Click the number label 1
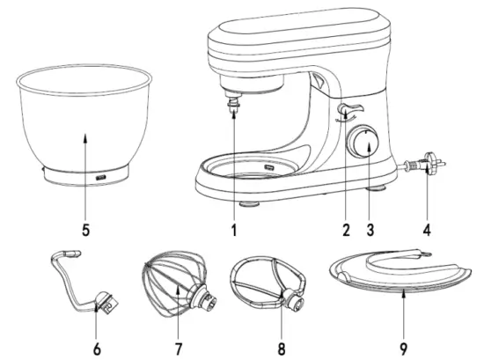click(x=234, y=231)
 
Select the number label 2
click(x=346, y=231)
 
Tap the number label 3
click(x=370, y=231)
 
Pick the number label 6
click(x=98, y=349)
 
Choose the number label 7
click(x=179, y=349)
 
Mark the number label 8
click(x=280, y=349)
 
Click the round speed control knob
click(x=363, y=142)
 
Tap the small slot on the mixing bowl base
click(x=100, y=178)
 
